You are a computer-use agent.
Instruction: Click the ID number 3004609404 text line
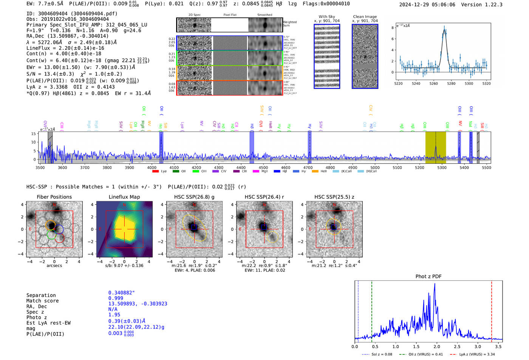click(72, 14)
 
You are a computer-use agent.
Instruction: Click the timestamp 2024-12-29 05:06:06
click(427, 5)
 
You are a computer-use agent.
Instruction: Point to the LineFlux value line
click(65, 48)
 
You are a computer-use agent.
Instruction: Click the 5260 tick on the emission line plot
click(433, 83)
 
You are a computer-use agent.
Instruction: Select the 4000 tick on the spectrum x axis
click(152, 168)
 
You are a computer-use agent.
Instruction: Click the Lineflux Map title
click(124, 197)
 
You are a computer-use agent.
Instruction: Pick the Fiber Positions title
click(54, 197)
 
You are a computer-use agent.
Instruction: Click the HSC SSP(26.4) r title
click(264, 197)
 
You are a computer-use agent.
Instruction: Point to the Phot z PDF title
click(428, 276)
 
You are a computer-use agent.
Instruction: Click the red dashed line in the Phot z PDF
click(492, 310)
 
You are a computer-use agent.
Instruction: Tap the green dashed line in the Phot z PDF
click(372, 310)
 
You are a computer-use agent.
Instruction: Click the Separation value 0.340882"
click(121, 293)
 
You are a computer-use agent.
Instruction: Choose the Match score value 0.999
click(116, 298)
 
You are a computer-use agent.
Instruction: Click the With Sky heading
click(326, 17)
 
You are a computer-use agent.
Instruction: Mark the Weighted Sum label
click(289, 24)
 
